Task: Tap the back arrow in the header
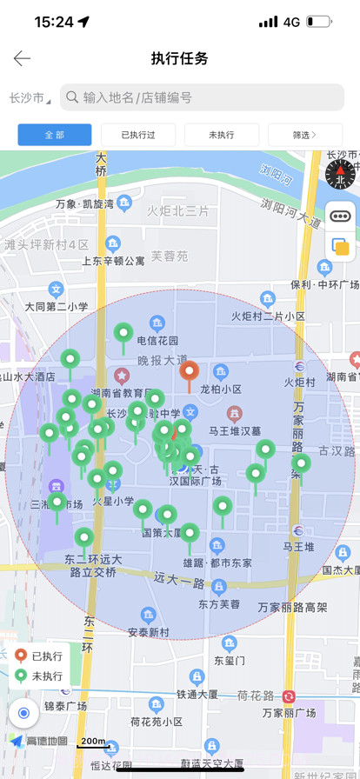[x=22, y=58]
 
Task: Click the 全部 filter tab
[x=55, y=135]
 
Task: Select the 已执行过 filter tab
[x=138, y=135]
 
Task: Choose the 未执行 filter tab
[x=222, y=135]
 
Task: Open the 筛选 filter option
[x=304, y=135]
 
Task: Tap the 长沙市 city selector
[x=29, y=97]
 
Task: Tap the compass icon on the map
[x=340, y=175]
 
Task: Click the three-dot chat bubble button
[x=340, y=216]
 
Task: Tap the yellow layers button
[x=340, y=247]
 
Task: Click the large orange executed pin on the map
[x=189, y=374]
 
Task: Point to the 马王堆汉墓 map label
[x=235, y=430]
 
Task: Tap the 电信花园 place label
[x=157, y=340]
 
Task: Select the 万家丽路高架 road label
[x=294, y=607]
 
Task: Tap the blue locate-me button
[x=23, y=713]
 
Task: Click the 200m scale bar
[x=93, y=742]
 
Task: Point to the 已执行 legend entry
[x=40, y=656]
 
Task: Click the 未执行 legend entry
[x=40, y=676]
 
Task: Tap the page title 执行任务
[x=180, y=58]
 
